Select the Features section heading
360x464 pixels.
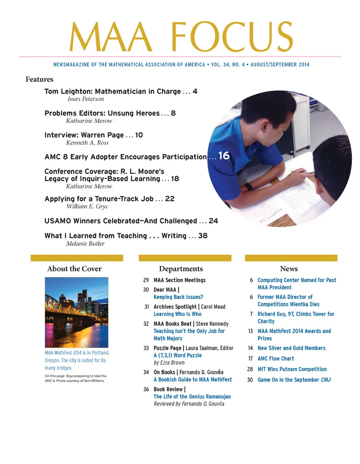(x=39, y=79)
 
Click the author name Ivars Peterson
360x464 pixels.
(x=85, y=99)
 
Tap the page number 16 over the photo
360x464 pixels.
(x=224, y=156)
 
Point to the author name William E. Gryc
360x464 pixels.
(x=87, y=206)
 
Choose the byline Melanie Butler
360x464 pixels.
(x=85, y=244)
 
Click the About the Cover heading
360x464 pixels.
(x=74, y=269)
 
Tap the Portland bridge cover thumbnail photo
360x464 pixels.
(x=76, y=312)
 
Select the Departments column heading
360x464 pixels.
(x=181, y=269)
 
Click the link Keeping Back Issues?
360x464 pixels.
(x=178, y=297)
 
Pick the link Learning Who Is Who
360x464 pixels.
(x=177, y=314)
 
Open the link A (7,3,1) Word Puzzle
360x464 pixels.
(x=177, y=355)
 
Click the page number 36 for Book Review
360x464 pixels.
(x=146, y=389)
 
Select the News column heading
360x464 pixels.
(x=289, y=269)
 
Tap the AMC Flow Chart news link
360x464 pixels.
(x=276, y=359)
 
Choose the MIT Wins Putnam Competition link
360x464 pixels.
(x=292, y=369)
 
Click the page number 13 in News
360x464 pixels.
(x=250, y=331)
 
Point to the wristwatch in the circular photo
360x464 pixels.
(x=248, y=187)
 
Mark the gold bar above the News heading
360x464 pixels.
(x=291, y=258)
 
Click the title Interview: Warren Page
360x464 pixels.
(x=84, y=135)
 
